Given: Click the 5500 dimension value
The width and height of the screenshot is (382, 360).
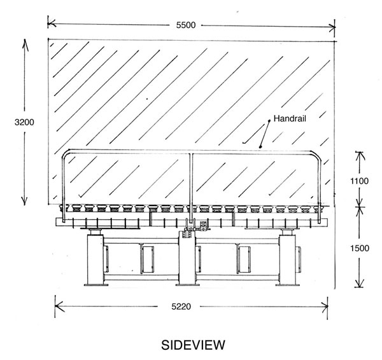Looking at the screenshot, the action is (186, 25).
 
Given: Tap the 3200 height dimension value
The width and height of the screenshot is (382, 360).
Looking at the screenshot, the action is (24, 122).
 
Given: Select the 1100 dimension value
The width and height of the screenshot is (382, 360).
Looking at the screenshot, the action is (359, 181).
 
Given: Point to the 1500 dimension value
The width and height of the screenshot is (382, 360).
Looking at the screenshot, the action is (360, 248).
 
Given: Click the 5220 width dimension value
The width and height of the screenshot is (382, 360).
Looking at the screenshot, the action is (181, 307).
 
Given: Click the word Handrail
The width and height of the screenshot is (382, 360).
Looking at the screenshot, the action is (290, 118).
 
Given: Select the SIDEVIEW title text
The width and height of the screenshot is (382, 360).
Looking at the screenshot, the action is (193, 345).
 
